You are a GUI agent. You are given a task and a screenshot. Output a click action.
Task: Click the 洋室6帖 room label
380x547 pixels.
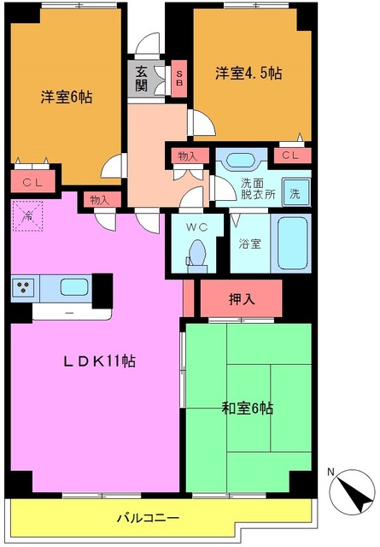[66, 97]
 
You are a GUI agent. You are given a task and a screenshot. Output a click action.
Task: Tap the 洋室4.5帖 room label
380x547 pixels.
[248, 74]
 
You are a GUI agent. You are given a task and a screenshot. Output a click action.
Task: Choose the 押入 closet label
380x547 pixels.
[241, 301]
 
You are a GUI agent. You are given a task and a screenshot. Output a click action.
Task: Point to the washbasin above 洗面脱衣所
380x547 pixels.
[240, 160]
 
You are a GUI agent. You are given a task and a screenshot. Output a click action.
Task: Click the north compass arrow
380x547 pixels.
[352, 493]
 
